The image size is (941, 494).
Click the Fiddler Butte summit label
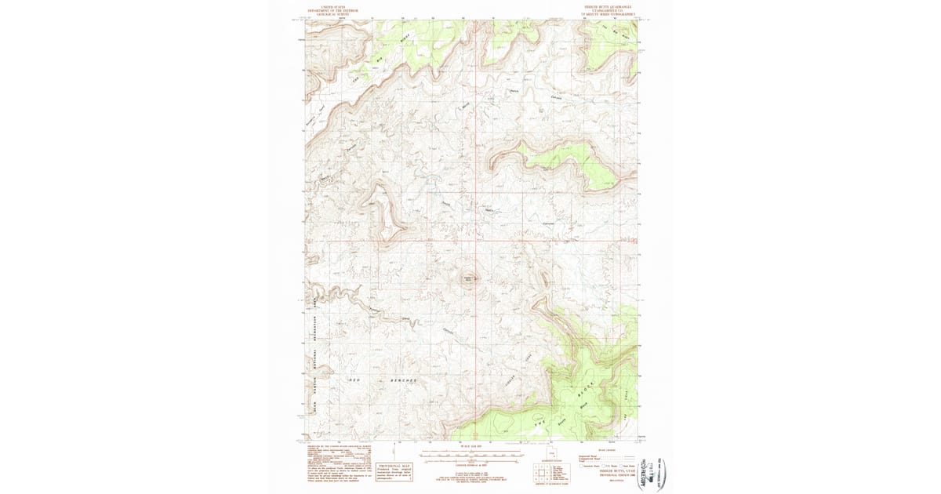(x=471, y=277)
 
